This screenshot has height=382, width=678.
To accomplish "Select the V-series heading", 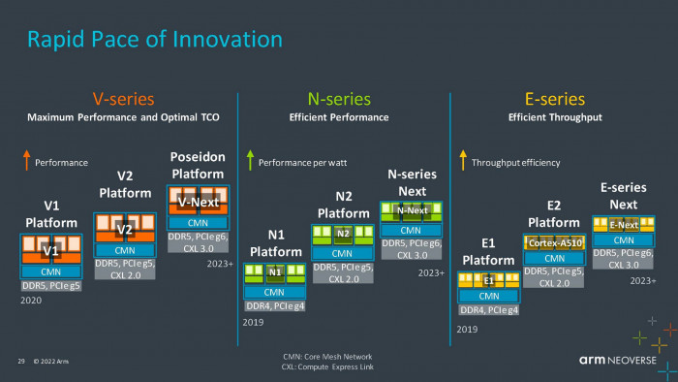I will [x=123, y=99].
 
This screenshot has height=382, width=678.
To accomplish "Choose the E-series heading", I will [x=555, y=99].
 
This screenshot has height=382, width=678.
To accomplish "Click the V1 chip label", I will [x=52, y=251].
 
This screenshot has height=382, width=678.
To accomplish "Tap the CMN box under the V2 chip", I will [x=125, y=250].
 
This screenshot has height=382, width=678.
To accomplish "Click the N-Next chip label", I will [x=413, y=210].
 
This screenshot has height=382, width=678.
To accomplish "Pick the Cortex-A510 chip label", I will [x=555, y=243].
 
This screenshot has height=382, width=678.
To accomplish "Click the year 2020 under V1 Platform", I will [x=31, y=302].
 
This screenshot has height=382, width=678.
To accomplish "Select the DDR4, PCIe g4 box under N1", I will [x=275, y=305].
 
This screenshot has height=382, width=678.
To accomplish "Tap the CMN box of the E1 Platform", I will [x=489, y=296].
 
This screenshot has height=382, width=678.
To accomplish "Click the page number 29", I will [x=20, y=362].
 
